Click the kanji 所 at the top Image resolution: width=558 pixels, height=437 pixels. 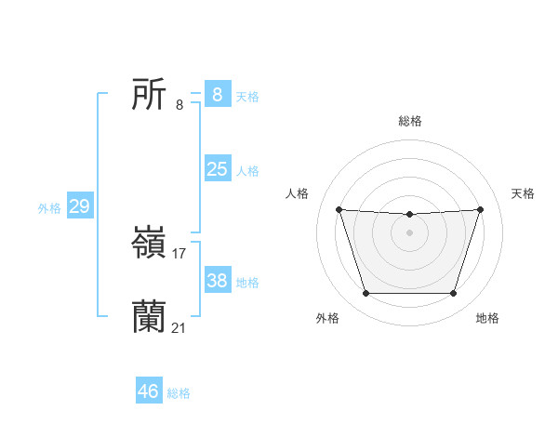150,94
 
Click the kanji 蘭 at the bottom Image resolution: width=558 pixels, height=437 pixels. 150,317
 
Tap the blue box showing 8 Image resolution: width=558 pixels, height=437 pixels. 217,94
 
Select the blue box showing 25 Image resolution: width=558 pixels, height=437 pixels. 217,169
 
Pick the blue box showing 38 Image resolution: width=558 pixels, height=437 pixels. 217,280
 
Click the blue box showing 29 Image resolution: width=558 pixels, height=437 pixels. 80,206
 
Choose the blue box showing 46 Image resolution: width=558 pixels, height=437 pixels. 149,391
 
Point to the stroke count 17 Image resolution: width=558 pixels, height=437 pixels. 179,253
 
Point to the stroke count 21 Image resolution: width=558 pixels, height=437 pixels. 179,327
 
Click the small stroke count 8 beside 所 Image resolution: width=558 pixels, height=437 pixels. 179,104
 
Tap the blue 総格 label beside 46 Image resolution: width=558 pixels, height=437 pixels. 179,393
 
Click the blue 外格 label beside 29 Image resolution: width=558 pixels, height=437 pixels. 49,208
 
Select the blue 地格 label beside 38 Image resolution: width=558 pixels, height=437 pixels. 247,282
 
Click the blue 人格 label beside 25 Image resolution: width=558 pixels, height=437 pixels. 247,171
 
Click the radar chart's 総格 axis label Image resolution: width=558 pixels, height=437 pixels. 409,121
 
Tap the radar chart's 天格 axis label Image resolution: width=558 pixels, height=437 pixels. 524,193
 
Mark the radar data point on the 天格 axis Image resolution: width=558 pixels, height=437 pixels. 480,209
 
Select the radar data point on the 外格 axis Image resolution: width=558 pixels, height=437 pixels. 365,294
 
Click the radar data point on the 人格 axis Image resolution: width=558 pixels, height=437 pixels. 339,209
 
